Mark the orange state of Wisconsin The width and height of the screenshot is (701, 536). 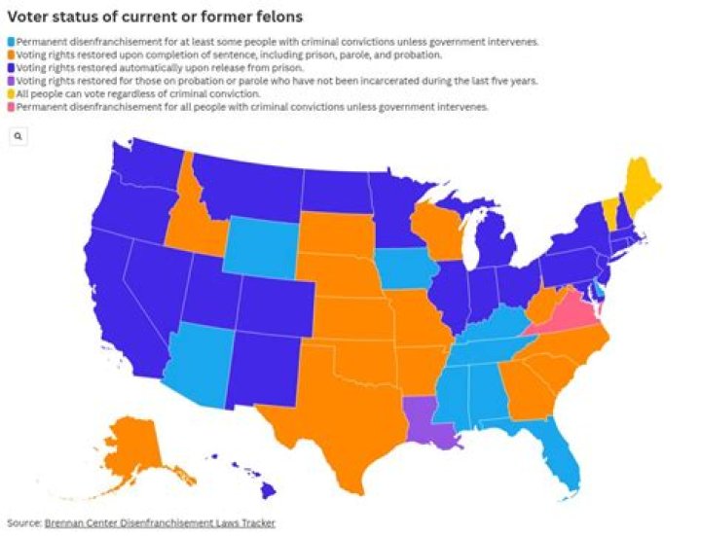tap(432, 228)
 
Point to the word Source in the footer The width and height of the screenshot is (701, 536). tap(23, 523)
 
